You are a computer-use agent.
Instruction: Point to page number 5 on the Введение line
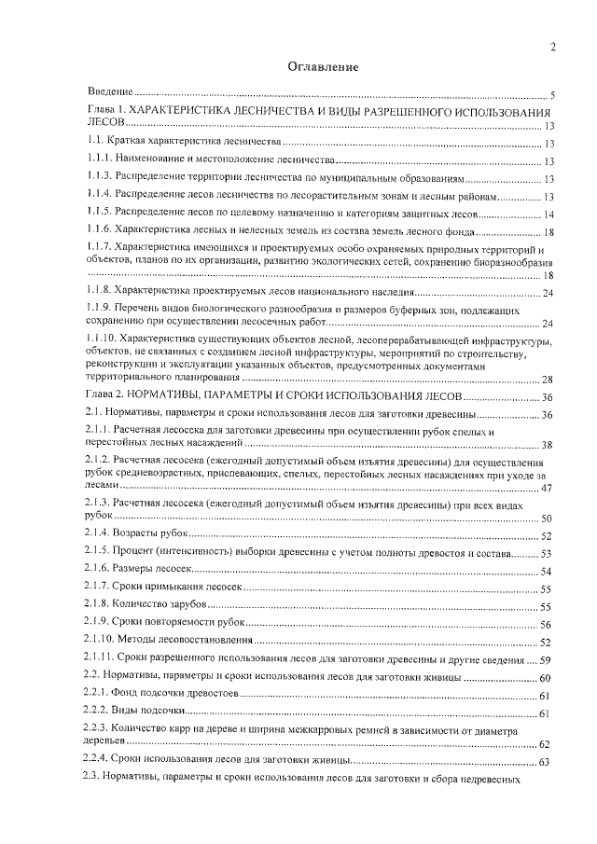click(553, 96)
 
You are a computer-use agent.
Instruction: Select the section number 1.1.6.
click(98, 230)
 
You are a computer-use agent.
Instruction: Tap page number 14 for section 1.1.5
click(549, 214)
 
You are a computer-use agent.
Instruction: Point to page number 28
click(548, 379)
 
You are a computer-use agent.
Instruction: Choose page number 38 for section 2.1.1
click(548, 444)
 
